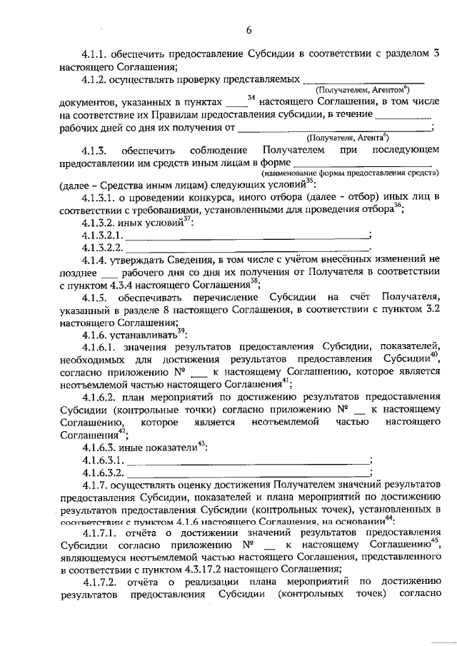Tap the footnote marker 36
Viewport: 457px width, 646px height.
(x=398, y=206)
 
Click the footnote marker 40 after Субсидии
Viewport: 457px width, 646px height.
(x=433, y=355)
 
